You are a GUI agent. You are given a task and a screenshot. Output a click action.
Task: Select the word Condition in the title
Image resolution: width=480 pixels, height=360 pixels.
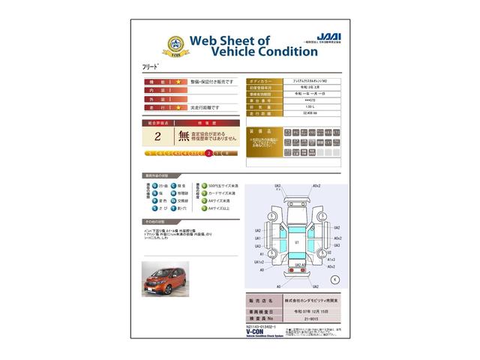click(x=268, y=52)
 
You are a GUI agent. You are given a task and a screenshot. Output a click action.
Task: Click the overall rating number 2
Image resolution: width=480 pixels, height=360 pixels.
click(x=157, y=136)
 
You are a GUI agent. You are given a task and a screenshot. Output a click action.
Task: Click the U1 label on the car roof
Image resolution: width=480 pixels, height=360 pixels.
click(x=296, y=243)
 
